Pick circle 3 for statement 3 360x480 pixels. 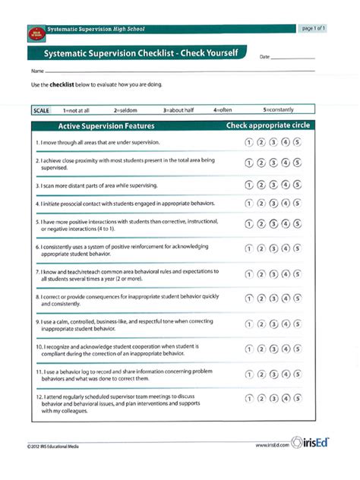coord(273,185)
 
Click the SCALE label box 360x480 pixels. coord(42,110)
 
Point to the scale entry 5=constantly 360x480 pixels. coord(279,110)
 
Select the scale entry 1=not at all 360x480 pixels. coord(76,110)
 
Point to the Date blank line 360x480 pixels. coord(292,58)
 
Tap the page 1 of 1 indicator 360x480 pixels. coord(314,29)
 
